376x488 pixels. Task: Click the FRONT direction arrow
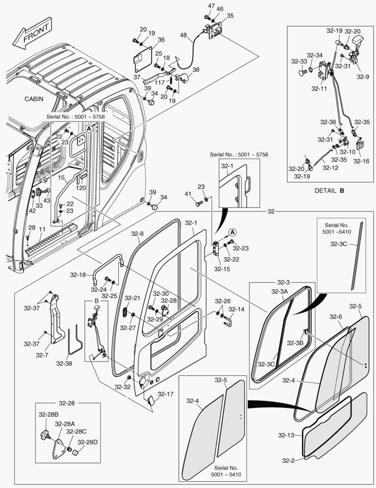(32, 33)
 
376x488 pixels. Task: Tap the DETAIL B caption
(329, 190)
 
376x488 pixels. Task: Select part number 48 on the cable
(183, 35)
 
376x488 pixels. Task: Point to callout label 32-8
(137, 234)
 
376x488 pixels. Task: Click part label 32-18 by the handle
(78, 274)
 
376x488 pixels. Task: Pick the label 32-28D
(87, 442)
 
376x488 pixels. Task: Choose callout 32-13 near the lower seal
(287, 435)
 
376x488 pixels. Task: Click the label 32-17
(166, 394)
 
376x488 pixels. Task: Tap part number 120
(81, 188)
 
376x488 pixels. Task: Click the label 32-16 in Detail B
(361, 161)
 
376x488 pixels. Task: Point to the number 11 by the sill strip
(42, 230)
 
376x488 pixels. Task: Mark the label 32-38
(64, 362)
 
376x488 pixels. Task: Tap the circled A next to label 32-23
(233, 232)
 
